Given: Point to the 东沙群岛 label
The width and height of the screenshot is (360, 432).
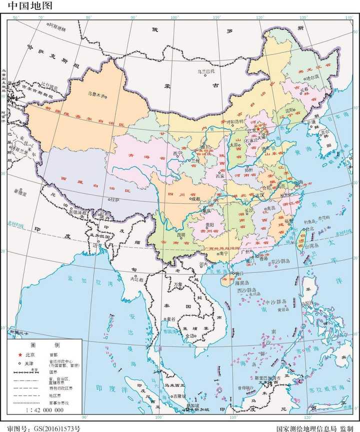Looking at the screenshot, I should tap(282, 261).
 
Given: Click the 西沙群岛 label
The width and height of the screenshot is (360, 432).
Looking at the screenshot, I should tap(246, 290).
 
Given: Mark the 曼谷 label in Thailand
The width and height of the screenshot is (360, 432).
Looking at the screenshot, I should tap(171, 318).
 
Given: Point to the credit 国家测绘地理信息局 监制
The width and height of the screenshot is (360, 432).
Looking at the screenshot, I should tap(314, 428).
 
